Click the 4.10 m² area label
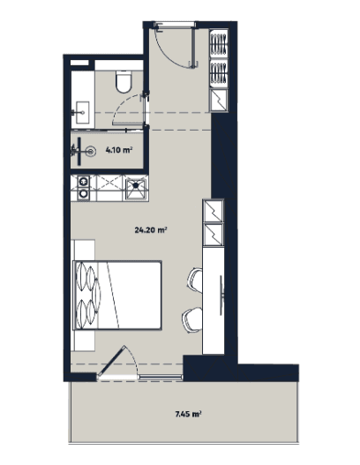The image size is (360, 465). click(x=119, y=151)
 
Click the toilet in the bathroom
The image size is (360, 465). click(x=123, y=84)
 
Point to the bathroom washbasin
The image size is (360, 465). click(x=82, y=110)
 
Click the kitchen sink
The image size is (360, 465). click(x=136, y=187)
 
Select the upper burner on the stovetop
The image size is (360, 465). click(x=83, y=182)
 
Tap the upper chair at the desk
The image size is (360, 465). click(x=194, y=281)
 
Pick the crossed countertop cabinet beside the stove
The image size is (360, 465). click(x=108, y=187)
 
